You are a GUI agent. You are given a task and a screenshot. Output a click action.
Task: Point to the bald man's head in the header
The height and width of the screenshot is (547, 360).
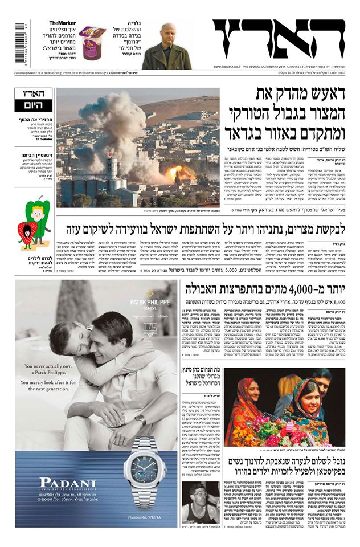pyautogui.click(x=166, y=32)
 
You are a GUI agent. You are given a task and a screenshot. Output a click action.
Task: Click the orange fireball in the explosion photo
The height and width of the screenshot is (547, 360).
pyautogui.click(x=173, y=172)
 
